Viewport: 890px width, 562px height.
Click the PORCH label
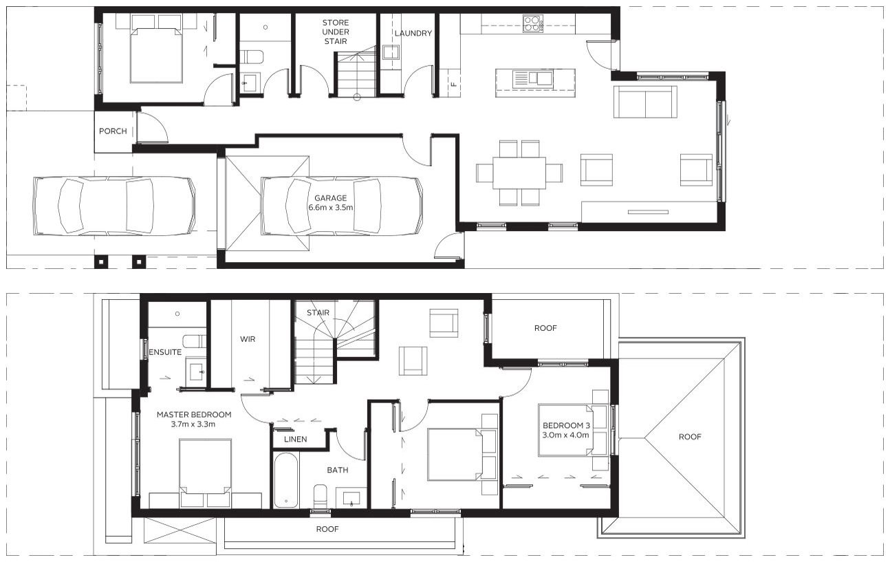click(113, 131)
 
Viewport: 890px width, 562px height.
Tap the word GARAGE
click(331, 198)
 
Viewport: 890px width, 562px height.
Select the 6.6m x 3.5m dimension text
click(335, 208)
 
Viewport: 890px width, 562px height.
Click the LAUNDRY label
click(413, 33)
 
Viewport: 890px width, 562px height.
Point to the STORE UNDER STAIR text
click(336, 32)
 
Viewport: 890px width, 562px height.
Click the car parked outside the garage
click(113, 206)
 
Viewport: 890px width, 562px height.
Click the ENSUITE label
click(165, 352)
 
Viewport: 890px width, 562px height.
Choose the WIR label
click(248, 339)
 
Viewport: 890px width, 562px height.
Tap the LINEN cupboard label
click(294, 439)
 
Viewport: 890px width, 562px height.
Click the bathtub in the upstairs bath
click(286, 479)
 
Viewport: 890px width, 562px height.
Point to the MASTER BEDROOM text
click(193, 415)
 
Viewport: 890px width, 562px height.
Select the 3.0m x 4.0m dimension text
click(566, 435)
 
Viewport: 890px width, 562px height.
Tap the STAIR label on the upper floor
click(318, 313)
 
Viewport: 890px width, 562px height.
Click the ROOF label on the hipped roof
click(691, 437)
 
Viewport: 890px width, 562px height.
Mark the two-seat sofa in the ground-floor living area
click(644, 102)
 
